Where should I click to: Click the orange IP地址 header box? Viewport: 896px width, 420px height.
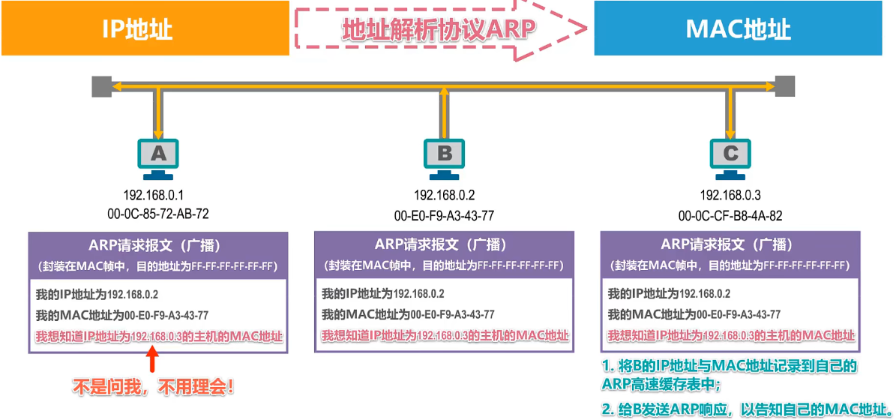click(145, 28)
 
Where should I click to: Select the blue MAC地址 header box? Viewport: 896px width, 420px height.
click(738, 28)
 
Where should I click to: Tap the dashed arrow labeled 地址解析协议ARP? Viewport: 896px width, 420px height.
click(441, 28)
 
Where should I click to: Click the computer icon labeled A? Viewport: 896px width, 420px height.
click(158, 157)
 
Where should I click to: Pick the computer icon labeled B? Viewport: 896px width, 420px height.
click(445, 157)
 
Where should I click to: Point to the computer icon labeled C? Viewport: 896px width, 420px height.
click(730, 157)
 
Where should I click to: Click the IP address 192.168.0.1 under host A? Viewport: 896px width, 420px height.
click(158, 195)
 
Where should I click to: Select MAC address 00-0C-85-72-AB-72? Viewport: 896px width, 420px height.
click(158, 214)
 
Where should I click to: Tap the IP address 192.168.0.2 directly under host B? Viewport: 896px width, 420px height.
click(445, 196)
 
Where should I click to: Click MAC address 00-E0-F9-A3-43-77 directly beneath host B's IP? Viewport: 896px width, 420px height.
click(445, 216)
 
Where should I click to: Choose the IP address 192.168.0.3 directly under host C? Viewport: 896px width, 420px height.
click(730, 196)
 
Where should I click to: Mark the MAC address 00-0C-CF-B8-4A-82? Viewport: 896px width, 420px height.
click(730, 216)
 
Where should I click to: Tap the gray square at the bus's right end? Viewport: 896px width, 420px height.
click(784, 85)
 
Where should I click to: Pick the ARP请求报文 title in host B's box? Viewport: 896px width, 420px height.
click(445, 244)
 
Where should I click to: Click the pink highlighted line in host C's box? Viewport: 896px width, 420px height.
click(731, 335)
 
